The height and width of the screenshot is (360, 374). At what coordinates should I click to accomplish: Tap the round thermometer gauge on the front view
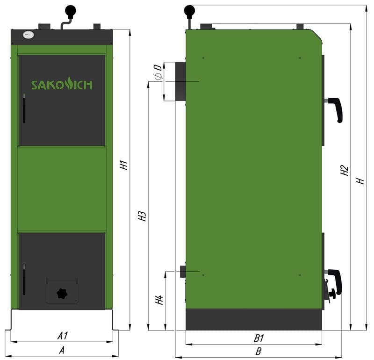click(x=29, y=35)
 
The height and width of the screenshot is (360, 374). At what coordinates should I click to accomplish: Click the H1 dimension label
click(x=124, y=166)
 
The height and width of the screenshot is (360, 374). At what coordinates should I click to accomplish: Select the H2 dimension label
click(x=345, y=170)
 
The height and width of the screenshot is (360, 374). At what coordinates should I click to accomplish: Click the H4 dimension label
click(x=159, y=300)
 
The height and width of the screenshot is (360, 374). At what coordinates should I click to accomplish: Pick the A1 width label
click(x=63, y=336)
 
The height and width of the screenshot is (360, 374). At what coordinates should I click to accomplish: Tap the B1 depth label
click(x=259, y=338)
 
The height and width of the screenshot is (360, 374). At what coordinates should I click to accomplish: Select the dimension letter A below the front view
click(x=62, y=350)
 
